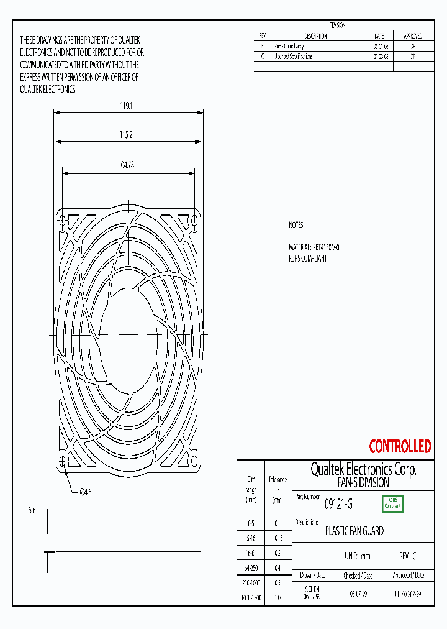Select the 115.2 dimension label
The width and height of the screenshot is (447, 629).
pos(127,134)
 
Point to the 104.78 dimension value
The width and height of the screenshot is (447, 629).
pos(127,165)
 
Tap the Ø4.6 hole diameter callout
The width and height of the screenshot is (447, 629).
pos(85,492)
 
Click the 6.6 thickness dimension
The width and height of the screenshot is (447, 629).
pos(32,510)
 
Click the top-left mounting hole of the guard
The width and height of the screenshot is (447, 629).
pos(62,219)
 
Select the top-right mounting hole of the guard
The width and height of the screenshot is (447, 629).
pos(194,219)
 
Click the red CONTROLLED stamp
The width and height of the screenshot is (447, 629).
pos(400,446)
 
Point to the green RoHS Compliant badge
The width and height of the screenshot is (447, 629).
pos(392,503)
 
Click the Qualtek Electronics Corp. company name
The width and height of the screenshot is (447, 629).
pos(363,469)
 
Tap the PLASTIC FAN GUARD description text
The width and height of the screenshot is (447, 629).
pos(354,531)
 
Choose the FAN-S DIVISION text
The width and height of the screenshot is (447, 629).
pos(363,482)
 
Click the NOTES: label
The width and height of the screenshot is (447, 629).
pos(297,226)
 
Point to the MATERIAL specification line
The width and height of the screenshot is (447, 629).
pos(314,247)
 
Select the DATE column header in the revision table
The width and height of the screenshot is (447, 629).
pos(379,36)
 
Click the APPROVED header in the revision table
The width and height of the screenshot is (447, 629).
pos(413,36)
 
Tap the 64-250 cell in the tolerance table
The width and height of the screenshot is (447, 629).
pos(251,567)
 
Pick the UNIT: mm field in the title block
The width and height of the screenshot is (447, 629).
pos(357,556)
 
